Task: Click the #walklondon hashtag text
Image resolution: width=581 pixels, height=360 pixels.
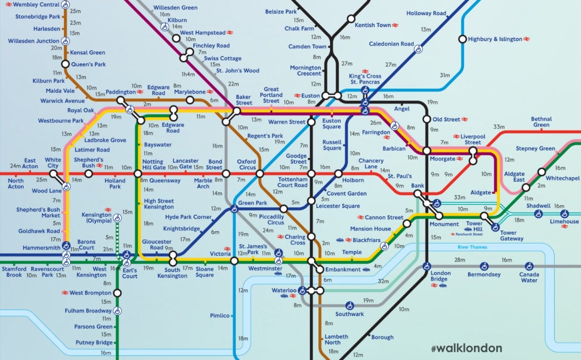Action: click(x=466, y=348)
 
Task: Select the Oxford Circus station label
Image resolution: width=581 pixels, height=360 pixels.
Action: click(x=246, y=165)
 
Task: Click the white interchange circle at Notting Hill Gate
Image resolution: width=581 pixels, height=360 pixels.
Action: click(x=138, y=174)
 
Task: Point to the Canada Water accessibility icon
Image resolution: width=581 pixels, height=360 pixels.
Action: click(x=529, y=265)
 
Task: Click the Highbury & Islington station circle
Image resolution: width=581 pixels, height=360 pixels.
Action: click(x=462, y=39)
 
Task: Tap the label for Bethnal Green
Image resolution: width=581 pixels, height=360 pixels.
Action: click(x=541, y=122)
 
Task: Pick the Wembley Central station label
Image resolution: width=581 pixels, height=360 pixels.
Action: click(x=36, y=5)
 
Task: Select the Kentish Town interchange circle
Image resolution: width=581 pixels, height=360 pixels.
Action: click(x=350, y=19)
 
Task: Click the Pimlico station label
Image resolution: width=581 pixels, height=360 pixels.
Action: click(x=220, y=315)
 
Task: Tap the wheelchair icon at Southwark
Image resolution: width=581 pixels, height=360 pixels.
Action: click(x=349, y=306)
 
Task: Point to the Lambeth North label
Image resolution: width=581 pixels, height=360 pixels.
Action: click(x=336, y=340)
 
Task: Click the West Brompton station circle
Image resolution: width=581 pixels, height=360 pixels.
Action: click(x=118, y=293)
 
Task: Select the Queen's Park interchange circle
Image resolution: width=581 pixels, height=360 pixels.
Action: click(x=65, y=64)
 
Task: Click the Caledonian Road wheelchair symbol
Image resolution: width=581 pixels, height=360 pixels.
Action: click(x=418, y=49)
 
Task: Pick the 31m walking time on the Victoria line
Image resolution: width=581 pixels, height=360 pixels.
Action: click(x=445, y=75)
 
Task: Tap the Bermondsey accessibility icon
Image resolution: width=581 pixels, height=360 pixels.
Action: click(x=485, y=265)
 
